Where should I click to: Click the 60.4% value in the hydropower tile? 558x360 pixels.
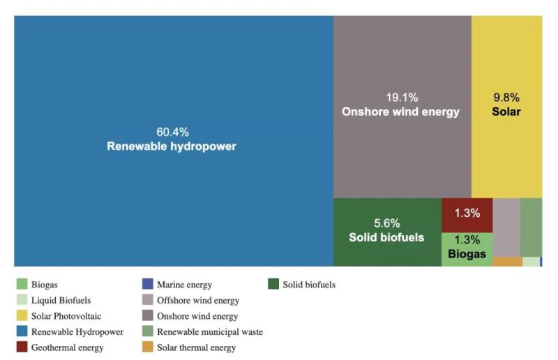(172, 132)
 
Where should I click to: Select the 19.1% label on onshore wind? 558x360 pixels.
(402, 98)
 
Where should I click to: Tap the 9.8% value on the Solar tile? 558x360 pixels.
(506, 98)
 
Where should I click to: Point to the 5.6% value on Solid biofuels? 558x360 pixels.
(386, 223)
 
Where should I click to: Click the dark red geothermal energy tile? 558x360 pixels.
(467, 214)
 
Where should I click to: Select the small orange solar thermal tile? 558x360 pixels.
(507, 262)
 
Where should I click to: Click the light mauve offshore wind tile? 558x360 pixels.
(506, 227)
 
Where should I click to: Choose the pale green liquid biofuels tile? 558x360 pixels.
(531, 262)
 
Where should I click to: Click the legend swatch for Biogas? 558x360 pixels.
(22, 285)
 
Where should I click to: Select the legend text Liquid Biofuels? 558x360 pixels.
(61, 301)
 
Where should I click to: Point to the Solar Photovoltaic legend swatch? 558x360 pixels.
(22, 316)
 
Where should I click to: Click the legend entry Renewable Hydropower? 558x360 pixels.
(77, 332)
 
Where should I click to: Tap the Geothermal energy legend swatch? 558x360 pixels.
(22, 347)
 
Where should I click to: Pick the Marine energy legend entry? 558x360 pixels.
(184, 285)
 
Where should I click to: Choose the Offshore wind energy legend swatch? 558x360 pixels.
(147, 301)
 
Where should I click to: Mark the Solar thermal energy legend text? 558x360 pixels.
(196, 347)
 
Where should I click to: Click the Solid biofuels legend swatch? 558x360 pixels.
(273, 285)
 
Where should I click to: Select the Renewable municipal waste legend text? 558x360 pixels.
(209, 332)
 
